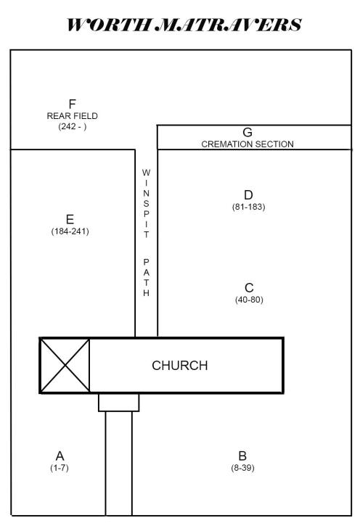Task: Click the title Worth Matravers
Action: click(x=184, y=25)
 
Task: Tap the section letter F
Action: click(x=72, y=104)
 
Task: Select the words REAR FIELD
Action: click(x=72, y=116)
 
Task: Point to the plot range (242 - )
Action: click(x=72, y=126)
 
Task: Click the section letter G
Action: click(x=247, y=133)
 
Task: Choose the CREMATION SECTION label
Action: click(x=247, y=144)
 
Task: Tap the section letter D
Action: click(x=248, y=195)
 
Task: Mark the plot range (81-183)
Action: click(x=249, y=207)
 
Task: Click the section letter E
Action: click(x=70, y=219)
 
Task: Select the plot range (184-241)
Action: click(x=70, y=231)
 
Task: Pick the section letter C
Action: click(x=249, y=288)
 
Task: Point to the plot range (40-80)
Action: click(x=249, y=300)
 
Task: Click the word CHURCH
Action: click(x=180, y=366)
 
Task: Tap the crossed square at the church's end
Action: click(x=65, y=366)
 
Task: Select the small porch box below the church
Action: click(x=119, y=402)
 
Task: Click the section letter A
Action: click(x=60, y=456)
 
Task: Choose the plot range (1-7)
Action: click(x=60, y=468)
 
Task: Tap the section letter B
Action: click(x=242, y=456)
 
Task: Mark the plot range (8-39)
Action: click(x=242, y=468)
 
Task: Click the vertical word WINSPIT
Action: click(x=146, y=203)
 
